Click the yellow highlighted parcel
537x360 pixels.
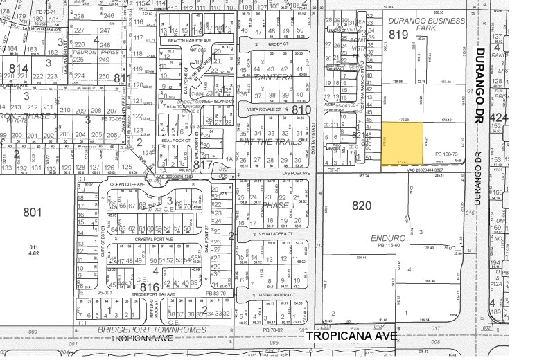[x=402, y=144]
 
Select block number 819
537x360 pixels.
[x=398, y=34]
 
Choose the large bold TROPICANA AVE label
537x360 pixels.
[x=351, y=336]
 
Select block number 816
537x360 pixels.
[x=150, y=287]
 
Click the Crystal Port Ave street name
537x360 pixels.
[x=152, y=240]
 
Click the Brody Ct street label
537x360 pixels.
[x=272, y=43]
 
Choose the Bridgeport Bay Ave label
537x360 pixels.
[x=157, y=294]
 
